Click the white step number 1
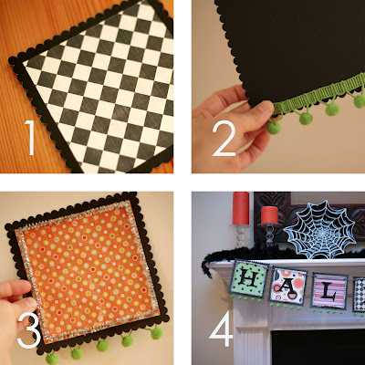click(x=30, y=138)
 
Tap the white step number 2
click(x=224, y=139)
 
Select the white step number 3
click(x=29, y=331)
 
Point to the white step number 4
click(x=221, y=329)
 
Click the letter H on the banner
click(x=249, y=279)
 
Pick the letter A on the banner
click(x=287, y=287)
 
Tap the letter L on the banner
click(x=328, y=292)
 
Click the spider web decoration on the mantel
click(x=319, y=230)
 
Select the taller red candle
click(x=241, y=208)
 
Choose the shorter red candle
click(x=269, y=215)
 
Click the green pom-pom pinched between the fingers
click(x=274, y=127)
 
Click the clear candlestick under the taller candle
click(x=240, y=236)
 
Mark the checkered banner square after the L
click(x=359, y=295)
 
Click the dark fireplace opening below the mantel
click(x=318, y=348)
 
